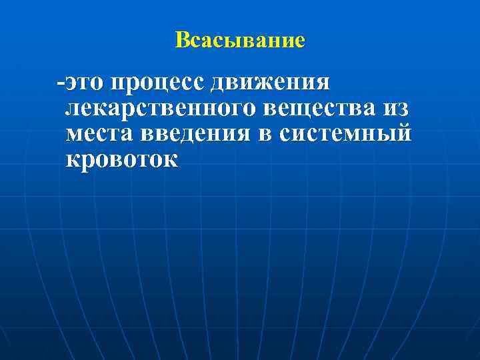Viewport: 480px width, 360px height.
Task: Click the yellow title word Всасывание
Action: coord(240,41)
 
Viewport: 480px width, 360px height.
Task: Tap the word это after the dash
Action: coord(85,85)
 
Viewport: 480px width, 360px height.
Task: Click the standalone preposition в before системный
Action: coord(266,134)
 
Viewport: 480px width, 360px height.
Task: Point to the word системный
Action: coord(345,134)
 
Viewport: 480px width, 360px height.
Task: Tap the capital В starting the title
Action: coord(181,41)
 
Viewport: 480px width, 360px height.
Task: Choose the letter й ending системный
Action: coord(403,133)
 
